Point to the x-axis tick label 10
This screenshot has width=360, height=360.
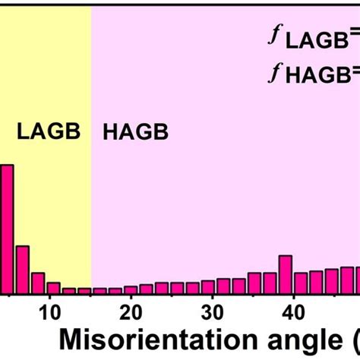(50, 312)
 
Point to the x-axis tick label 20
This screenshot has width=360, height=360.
(131, 312)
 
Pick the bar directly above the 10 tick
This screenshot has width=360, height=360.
(53, 288)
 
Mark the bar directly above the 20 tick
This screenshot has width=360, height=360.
(131, 289)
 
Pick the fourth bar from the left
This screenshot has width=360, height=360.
(53, 288)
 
